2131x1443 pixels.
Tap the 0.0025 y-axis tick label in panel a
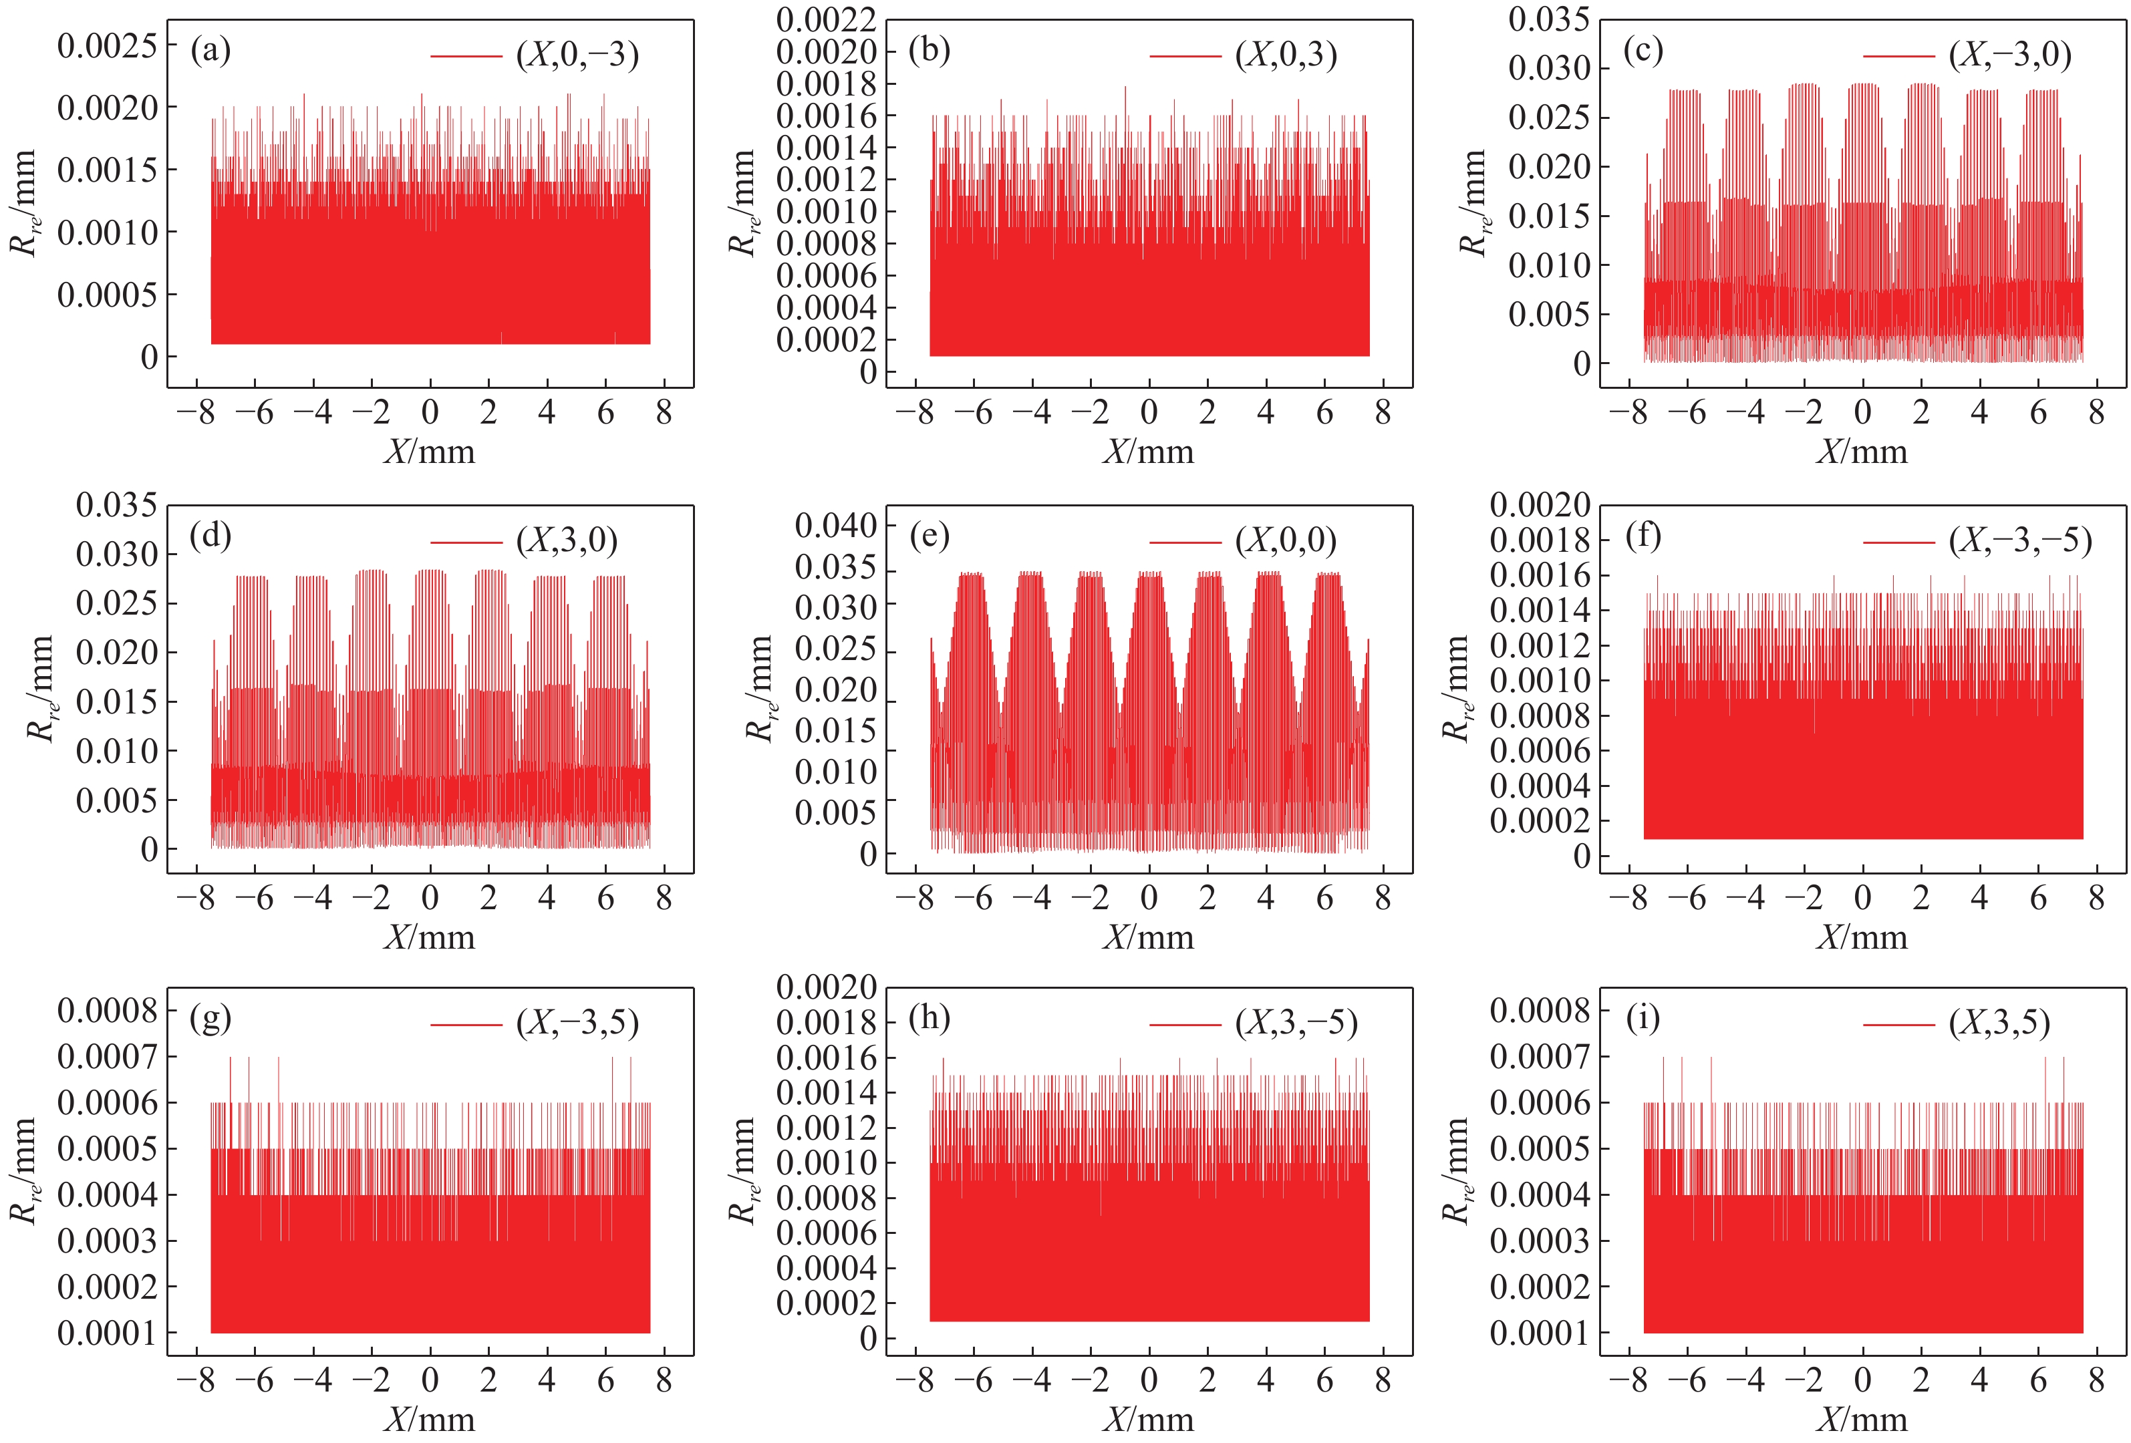pos(106,45)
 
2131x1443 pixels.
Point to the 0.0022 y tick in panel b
pos(825,19)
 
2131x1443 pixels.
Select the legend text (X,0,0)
pos(1286,541)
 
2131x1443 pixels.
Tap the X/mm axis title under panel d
pos(429,937)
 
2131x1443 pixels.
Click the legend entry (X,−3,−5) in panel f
pos(2020,541)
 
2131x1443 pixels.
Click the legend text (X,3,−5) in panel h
pos(1296,1022)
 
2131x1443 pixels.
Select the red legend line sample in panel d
pos(466,542)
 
